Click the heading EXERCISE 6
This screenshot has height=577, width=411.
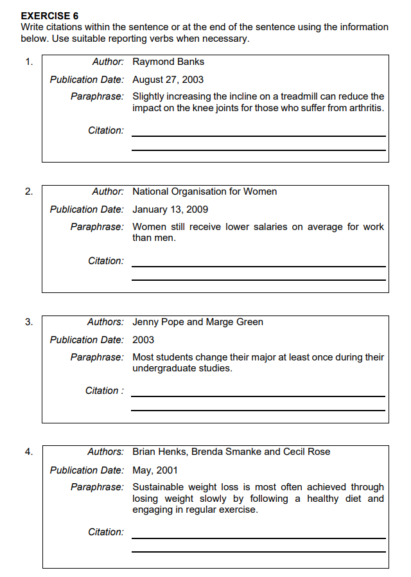tap(49, 15)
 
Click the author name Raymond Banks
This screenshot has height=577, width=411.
tap(168, 62)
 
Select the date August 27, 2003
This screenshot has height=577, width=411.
tap(168, 80)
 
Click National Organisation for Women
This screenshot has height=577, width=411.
tap(204, 191)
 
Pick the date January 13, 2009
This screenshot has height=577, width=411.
tap(170, 209)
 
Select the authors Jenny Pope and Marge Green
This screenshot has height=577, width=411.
tap(198, 322)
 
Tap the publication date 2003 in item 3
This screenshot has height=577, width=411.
tap(143, 340)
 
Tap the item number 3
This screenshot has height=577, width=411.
tap(29, 322)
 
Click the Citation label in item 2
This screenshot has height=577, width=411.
tap(106, 261)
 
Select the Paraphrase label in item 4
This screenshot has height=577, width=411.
tap(97, 488)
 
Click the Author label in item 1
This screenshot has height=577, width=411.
tap(108, 62)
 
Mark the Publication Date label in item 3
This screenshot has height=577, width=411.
tap(87, 340)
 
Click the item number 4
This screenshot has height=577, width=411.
tap(29, 452)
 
